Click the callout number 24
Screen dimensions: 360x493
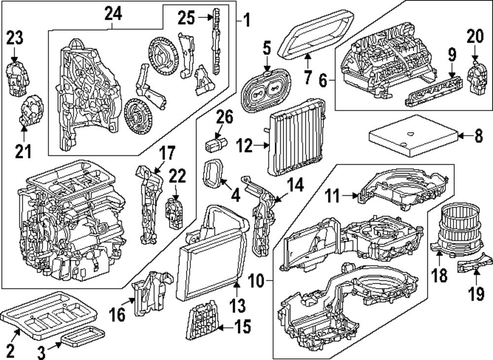click(112, 15)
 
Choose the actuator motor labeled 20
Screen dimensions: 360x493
click(476, 76)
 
